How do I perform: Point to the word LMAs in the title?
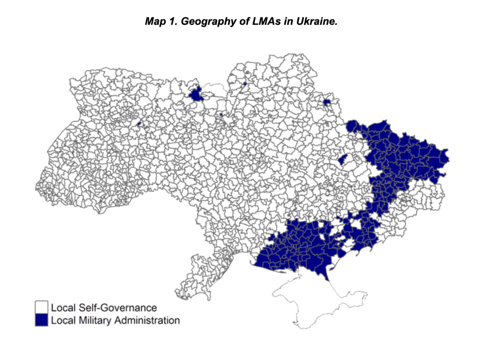pos(255,22)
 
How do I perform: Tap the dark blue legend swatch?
pos(42,320)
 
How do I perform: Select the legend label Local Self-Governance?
pos(104,308)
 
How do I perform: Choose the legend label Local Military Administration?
pos(115,320)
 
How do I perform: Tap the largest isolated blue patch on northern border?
pos(196,94)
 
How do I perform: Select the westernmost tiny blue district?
pos(139,124)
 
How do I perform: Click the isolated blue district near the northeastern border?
pos(327,102)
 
